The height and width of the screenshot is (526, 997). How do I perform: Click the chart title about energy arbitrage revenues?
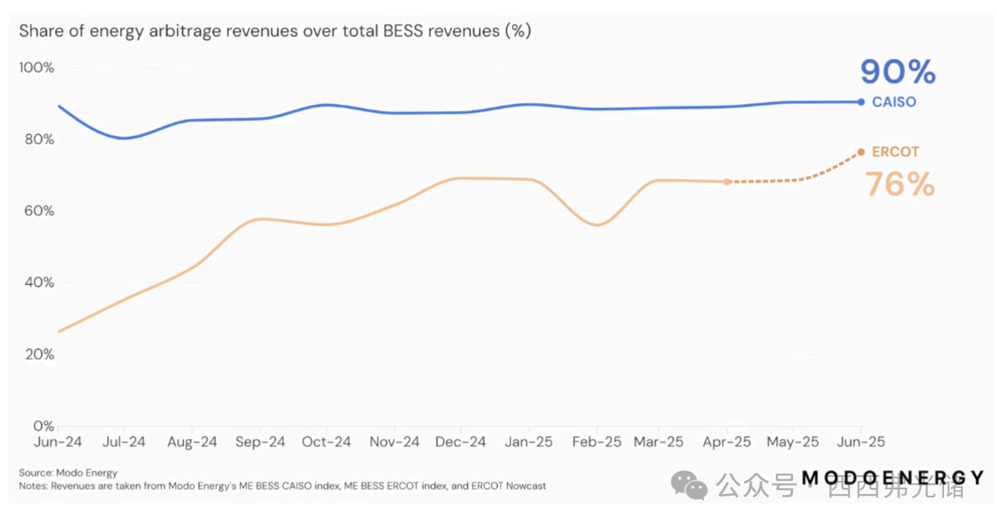[274, 31]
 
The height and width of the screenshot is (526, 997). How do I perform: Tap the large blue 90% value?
[897, 72]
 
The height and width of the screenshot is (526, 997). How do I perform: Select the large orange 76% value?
[900, 185]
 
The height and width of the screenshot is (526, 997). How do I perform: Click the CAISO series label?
[893, 102]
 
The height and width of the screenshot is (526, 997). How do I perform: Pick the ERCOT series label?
[896, 152]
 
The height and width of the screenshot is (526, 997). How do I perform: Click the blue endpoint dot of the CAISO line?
[861, 102]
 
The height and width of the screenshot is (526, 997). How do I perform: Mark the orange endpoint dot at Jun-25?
[861, 152]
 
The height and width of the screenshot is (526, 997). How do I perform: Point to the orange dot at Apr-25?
[727, 181]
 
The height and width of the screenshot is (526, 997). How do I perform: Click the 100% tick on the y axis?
[37, 68]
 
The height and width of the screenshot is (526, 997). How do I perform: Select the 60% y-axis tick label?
[39, 211]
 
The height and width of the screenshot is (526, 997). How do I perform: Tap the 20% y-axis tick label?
[39, 354]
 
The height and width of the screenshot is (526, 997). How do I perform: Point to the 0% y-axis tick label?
[43, 426]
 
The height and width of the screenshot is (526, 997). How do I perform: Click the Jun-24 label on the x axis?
[58, 442]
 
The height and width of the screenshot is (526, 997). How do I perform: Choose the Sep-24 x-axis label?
[259, 442]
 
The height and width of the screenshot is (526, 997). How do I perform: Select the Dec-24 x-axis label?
[460, 442]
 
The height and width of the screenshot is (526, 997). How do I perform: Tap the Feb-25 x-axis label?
[596, 442]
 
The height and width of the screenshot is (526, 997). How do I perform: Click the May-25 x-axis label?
[793, 442]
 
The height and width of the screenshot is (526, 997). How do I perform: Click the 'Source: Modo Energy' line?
[68, 472]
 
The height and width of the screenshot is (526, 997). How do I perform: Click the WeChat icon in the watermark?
[689, 485]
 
